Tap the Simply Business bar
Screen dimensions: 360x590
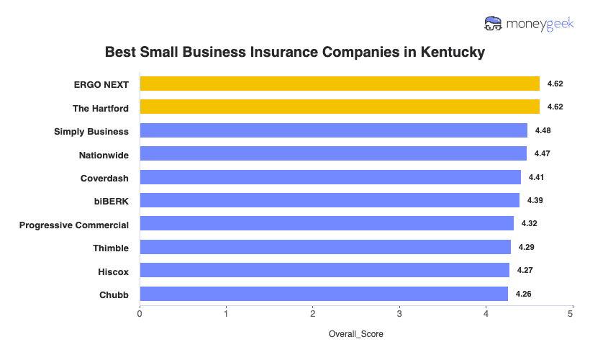click(x=333, y=130)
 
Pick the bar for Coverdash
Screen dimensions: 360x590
click(x=330, y=177)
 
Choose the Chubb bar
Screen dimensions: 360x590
click(x=324, y=294)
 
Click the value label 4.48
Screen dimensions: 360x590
click(x=543, y=130)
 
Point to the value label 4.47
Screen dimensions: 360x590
click(x=542, y=153)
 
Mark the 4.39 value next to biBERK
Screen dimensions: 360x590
click(x=535, y=200)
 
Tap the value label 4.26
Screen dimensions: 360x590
click(x=523, y=294)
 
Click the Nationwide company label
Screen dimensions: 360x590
click(x=104, y=154)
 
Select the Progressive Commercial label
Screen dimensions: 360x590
click(x=74, y=225)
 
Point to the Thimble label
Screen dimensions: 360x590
click(x=111, y=248)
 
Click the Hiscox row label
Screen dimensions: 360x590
click(x=113, y=271)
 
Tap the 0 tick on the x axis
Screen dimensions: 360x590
click(x=140, y=314)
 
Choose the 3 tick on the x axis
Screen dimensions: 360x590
click(x=399, y=314)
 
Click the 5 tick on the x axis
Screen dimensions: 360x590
click(x=572, y=314)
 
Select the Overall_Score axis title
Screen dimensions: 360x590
click(x=356, y=334)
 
